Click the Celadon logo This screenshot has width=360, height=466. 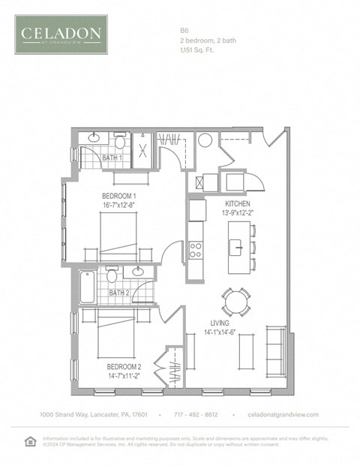coord(61,34)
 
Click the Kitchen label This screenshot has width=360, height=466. coord(237,204)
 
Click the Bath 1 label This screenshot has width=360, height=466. coord(111,158)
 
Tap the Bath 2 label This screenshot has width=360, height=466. coord(118,293)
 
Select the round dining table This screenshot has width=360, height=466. coord(234,302)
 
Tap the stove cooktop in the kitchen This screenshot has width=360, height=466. coord(196,248)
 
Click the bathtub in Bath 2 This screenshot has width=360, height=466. coord(87,287)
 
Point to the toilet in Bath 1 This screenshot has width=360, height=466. coord(120,141)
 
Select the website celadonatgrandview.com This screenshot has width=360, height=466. coord(283,415)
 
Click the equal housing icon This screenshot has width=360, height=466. coord(30,440)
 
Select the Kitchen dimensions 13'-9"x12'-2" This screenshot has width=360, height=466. coord(237,213)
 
